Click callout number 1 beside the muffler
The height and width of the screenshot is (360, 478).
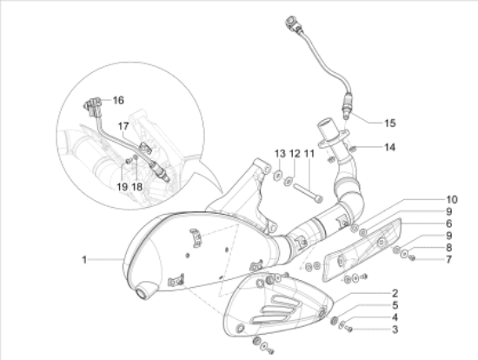coord(84,260)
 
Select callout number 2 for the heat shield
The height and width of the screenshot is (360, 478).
coord(395,294)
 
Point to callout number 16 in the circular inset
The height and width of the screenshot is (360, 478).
coord(118,100)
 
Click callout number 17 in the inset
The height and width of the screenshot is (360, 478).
coord(123,126)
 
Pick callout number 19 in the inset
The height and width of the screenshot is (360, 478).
coord(123,187)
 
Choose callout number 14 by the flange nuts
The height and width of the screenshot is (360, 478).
coord(389,147)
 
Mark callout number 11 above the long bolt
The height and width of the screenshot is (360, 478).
coord(309,153)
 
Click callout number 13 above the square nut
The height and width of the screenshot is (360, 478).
coord(280,153)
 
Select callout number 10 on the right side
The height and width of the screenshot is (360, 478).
coord(452,199)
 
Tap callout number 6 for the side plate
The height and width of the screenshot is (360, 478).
coord(448,223)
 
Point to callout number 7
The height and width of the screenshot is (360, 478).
coord(448,260)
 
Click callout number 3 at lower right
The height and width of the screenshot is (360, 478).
coord(395,330)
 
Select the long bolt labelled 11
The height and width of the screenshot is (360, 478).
coord(308,191)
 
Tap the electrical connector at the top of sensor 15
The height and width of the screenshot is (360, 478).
coord(293,24)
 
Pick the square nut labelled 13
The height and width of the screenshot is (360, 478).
coord(278,175)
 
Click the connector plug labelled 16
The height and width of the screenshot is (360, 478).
coord(92,107)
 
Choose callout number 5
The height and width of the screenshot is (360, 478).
coord(395,305)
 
